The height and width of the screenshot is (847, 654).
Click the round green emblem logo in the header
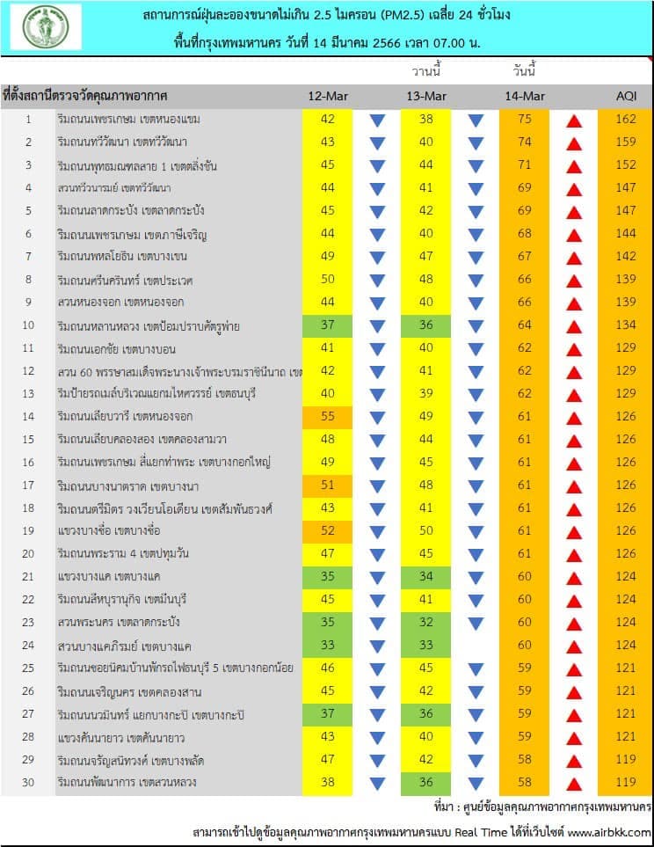[x=46, y=26]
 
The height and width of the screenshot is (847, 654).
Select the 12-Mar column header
[x=328, y=96]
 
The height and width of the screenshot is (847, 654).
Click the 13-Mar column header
[x=426, y=96]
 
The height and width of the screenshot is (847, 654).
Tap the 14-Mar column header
[x=525, y=96]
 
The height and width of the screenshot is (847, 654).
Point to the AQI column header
[x=626, y=96]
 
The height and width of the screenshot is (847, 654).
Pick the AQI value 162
[x=626, y=119]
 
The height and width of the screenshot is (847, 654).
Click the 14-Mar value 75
[x=525, y=119]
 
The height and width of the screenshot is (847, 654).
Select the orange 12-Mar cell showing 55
[x=327, y=417]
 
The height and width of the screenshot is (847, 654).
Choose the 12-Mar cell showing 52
[x=327, y=531]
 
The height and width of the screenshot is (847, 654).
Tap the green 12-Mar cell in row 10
[x=327, y=325]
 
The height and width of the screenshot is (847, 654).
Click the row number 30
[x=28, y=782]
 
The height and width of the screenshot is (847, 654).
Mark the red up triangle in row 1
[x=574, y=121]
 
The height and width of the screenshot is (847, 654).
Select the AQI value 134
[x=626, y=325]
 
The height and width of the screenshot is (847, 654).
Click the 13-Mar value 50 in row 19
[x=426, y=531]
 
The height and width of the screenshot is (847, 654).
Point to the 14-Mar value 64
[x=525, y=325]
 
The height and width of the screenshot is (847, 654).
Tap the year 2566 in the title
[x=387, y=43]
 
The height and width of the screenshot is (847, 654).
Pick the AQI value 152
[x=626, y=164]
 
